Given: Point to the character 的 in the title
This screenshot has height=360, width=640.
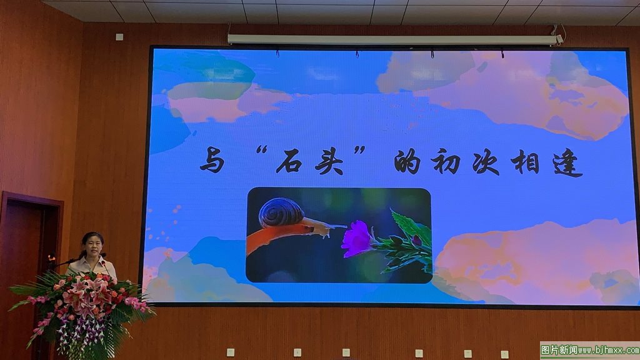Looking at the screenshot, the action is click(407, 161).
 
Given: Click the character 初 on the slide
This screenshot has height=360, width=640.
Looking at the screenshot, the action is click(446, 161).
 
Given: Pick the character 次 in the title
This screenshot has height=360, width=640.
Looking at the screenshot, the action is click(486, 162).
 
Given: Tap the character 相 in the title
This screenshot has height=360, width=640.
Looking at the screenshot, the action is click(525, 161).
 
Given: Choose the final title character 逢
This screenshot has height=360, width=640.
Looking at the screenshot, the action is click(567, 163).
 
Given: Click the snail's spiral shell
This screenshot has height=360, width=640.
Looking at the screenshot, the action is click(281, 212).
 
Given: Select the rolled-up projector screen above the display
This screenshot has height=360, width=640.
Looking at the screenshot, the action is click(392, 39).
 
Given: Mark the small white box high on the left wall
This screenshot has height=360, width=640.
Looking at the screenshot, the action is click(119, 37).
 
